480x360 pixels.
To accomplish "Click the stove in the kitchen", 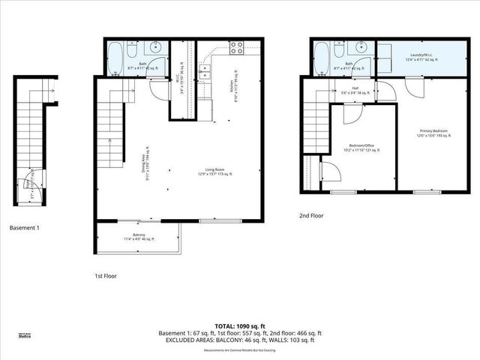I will [236, 49].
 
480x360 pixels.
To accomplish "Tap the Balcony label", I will [139, 236].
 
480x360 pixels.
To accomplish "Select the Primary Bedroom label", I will [433, 133].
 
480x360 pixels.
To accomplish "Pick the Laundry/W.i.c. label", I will [421, 56].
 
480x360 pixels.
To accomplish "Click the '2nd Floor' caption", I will [310, 216].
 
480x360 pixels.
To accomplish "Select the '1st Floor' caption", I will [106, 276].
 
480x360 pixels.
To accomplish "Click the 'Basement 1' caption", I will [24, 227].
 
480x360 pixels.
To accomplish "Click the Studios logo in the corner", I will [25, 336].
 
